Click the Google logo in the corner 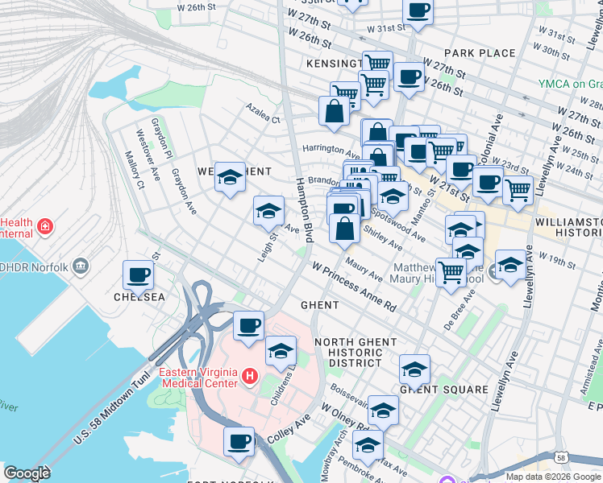[x=27, y=473]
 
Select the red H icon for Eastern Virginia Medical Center [x=250, y=376]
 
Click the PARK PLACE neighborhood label [x=479, y=53]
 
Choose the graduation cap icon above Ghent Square [x=414, y=369]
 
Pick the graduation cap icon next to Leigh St [x=268, y=211]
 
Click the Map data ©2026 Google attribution [x=552, y=477]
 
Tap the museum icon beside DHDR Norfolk [x=80, y=266]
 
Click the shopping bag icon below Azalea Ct [x=334, y=111]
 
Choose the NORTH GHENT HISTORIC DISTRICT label [x=353, y=353]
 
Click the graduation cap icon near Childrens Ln [x=281, y=351]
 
